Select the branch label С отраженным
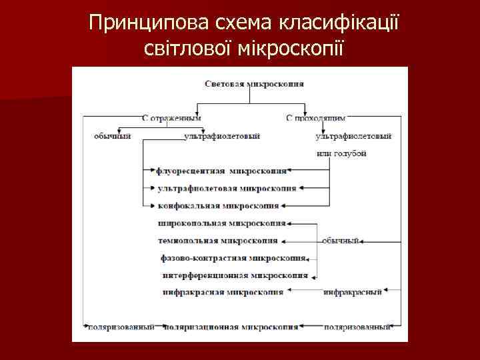pos(171,118)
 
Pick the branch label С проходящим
pos(315,118)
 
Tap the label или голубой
pos(341,153)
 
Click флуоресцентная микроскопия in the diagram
pos(222,171)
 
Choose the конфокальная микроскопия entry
pos(219,206)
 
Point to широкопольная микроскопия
pos(222,223)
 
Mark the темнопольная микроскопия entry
pos(218,240)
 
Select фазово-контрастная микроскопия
pos(233,257)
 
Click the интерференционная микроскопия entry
pos(235,275)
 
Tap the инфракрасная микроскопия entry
pos(223,292)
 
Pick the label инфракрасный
pos(353,292)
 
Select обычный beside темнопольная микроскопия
pos(341,240)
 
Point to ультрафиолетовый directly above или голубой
pos(353,136)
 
